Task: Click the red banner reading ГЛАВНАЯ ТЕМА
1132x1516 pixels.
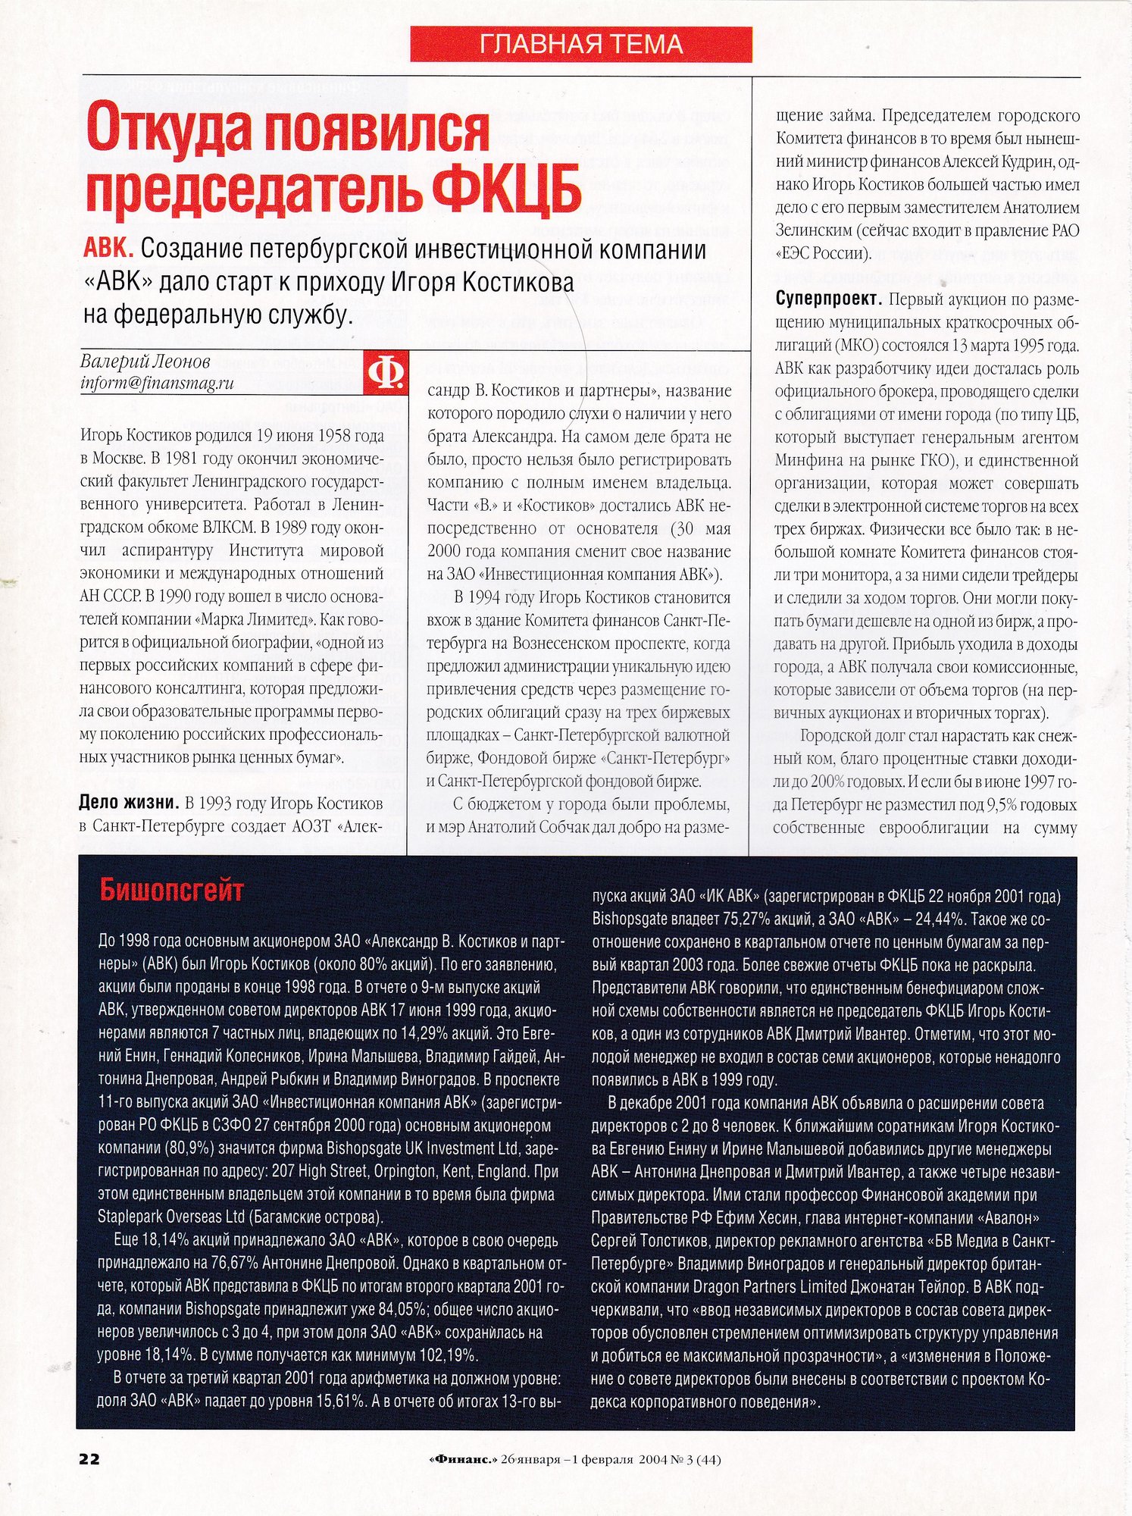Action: (x=581, y=44)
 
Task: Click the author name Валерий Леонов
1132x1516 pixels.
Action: (x=145, y=362)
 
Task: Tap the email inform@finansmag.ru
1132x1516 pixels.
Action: (x=157, y=384)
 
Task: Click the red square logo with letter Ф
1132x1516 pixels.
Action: (x=385, y=372)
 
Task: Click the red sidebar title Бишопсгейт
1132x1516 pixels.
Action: (x=172, y=890)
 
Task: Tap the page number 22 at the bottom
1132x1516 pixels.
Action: (x=89, y=1458)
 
